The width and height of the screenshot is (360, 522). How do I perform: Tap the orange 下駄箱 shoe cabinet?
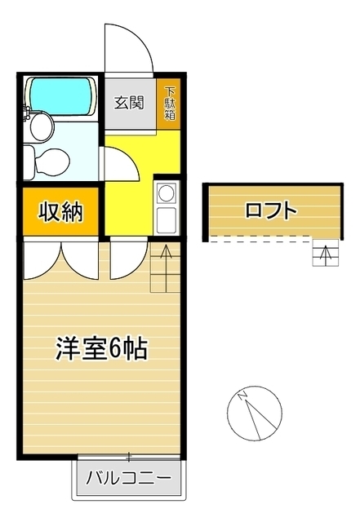coord(171,103)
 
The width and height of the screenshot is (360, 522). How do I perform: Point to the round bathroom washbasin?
coord(39,126)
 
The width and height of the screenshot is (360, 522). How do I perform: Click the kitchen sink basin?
coord(166,219)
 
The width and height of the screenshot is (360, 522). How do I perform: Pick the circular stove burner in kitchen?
coord(166,193)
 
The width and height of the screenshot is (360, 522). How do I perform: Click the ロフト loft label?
coord(270,210)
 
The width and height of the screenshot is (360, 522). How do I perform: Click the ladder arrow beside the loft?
coord(325,254)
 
